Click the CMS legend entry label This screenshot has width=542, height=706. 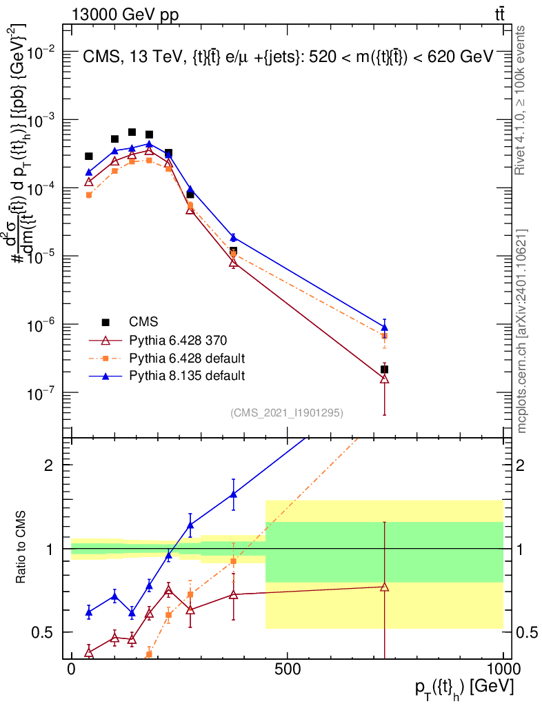(143, 321)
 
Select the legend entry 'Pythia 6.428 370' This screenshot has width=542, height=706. (178, 340)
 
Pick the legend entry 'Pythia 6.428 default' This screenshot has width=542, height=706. (187, 358)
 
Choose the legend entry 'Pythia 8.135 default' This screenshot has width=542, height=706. (187, 376)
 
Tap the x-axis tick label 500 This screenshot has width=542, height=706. (288, 669)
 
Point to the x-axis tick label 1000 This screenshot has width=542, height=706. (503, 669)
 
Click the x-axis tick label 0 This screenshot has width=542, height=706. (71, 669)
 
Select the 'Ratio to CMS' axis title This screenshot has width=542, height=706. (21, 547)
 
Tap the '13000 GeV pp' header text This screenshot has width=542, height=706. (125, 15)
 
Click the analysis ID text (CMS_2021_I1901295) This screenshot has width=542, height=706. (287, 413)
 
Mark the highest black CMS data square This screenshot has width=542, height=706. (132, 132)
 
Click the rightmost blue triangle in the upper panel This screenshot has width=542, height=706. (385, 327)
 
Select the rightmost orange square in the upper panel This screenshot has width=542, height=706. (385, 336)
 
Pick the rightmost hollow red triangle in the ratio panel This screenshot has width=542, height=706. (385, 587)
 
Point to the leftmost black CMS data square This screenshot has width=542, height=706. (89, 157)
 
